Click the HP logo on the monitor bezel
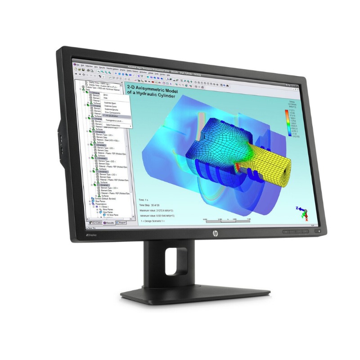click(216, 233)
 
